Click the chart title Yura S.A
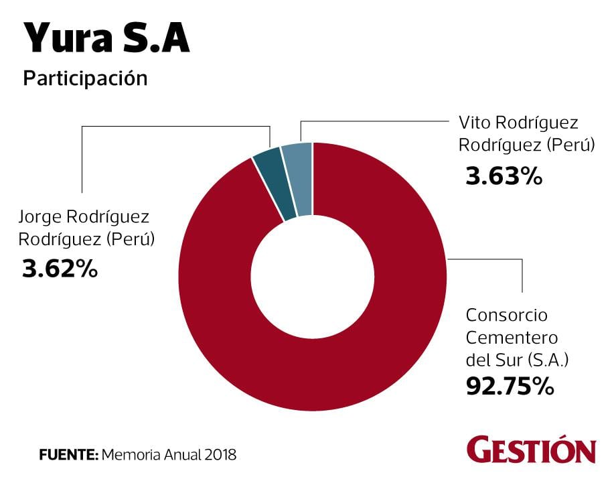107,39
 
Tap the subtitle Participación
85,78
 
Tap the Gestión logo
531,450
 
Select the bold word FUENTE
68,455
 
